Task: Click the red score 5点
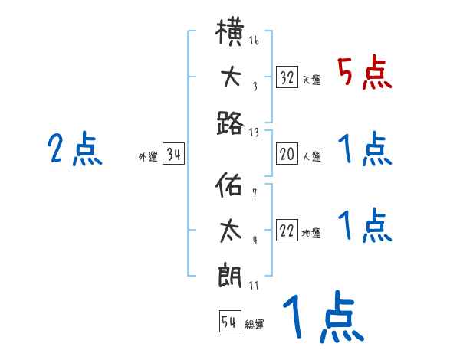(364, 74)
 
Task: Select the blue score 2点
(76, 149)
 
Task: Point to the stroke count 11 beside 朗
(255, 285)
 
